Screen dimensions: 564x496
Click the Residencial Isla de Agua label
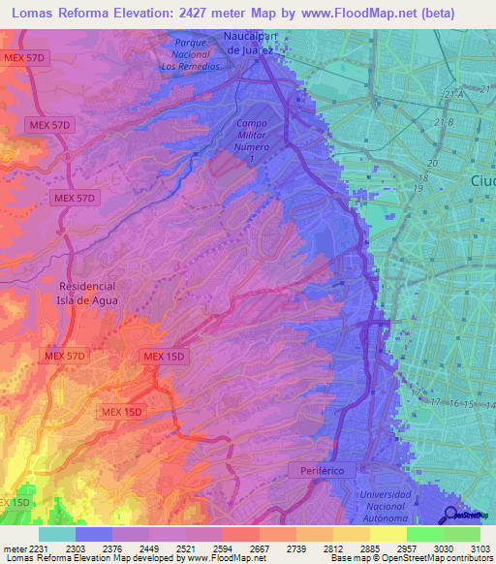coord(87,294)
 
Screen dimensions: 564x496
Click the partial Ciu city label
coord(481,182)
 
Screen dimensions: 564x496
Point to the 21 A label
coord(448,93)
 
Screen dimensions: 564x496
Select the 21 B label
coord(445,122)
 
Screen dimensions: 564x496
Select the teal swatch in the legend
coord(57,534)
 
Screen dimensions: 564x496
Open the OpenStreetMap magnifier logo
coord(451,515)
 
